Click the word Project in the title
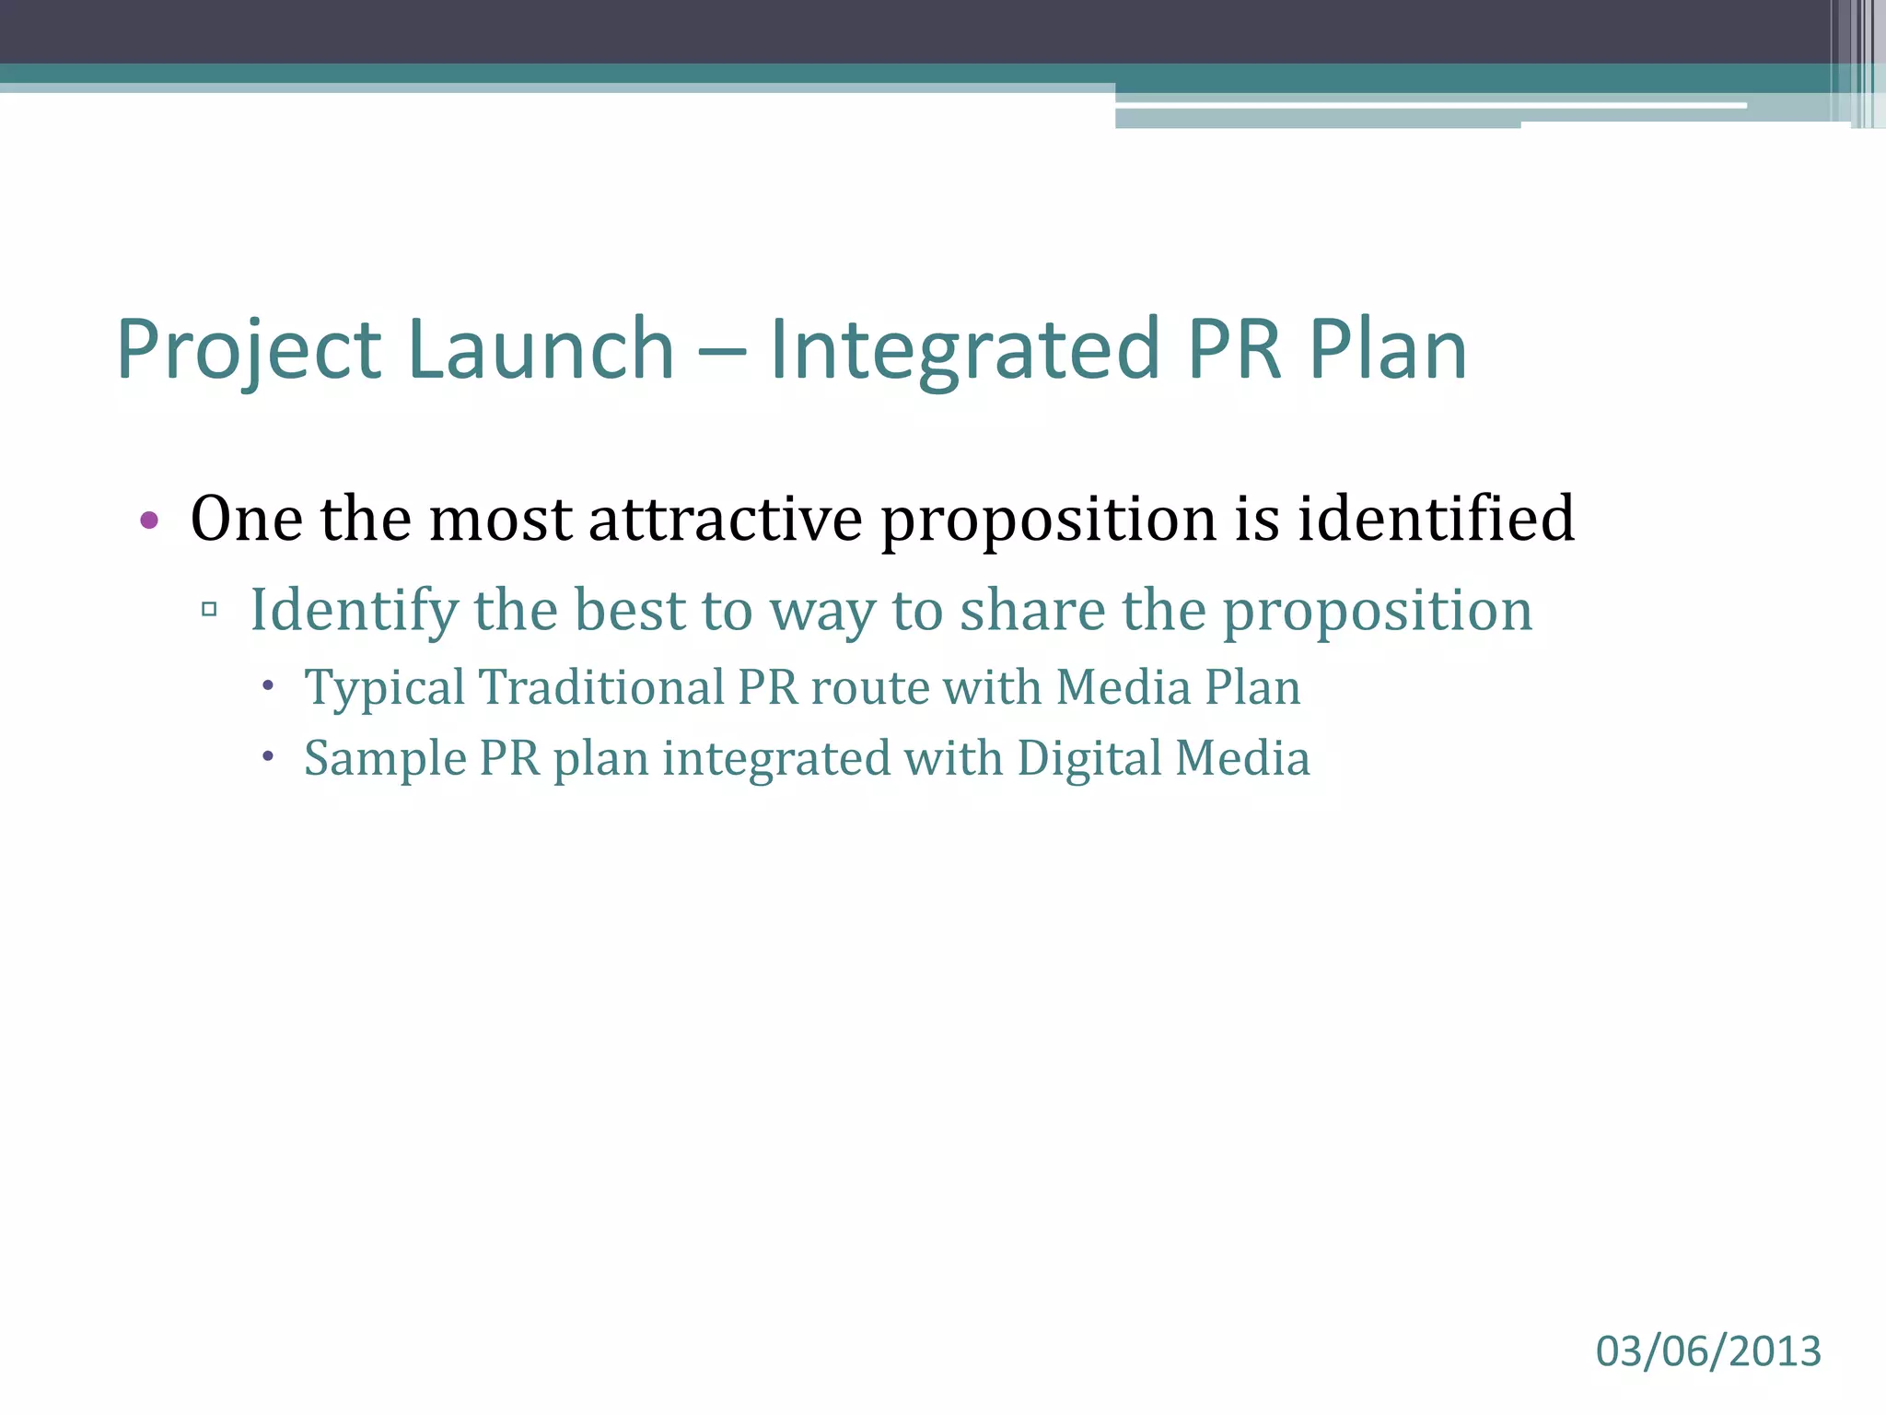[249, 352]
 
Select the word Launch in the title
[541, 350]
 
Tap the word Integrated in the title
[963, 350]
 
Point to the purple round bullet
[149, 520]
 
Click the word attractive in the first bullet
[726, 519]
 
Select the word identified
[1436, 519]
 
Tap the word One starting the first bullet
[246, 519]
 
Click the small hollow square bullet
[209, 609]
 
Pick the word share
[1032, 611]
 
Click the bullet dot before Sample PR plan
[268, 756]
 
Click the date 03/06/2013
[1708, 1351]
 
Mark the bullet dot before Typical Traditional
[268, 685]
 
